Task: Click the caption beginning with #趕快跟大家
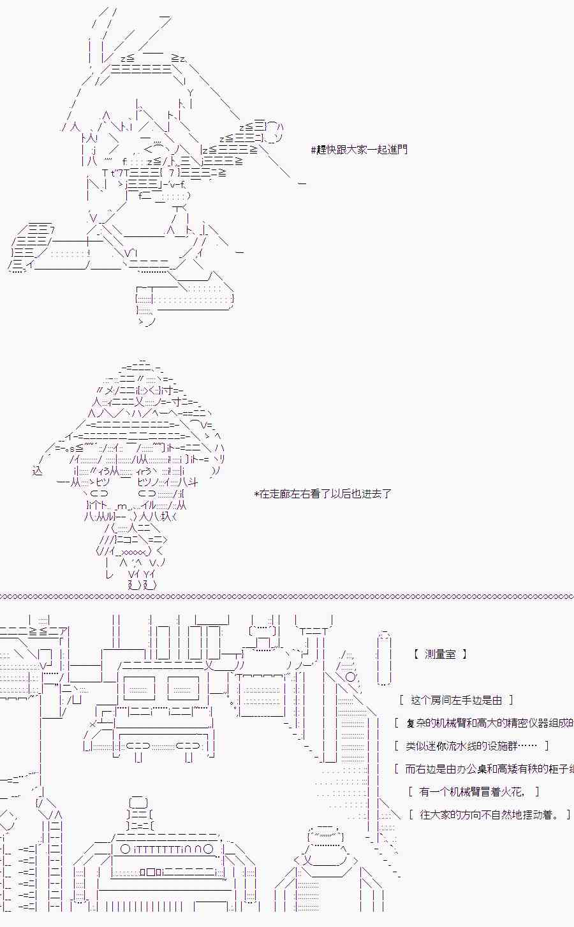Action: [x=359, y=150]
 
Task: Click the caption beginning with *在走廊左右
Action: [x=323, y=494]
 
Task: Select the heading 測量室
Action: [x=440, y=654]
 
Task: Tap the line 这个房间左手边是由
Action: [x=457, y=700]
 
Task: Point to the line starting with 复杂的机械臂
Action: [x=488, y=723]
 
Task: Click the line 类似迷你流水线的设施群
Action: [x=471, y=746]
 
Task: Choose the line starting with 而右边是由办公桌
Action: [x=488, y=769]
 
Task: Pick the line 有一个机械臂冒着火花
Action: [x=473, y=792]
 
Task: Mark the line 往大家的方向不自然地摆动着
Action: [x=489, y=815]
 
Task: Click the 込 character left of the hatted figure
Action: [x=37, y=471]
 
